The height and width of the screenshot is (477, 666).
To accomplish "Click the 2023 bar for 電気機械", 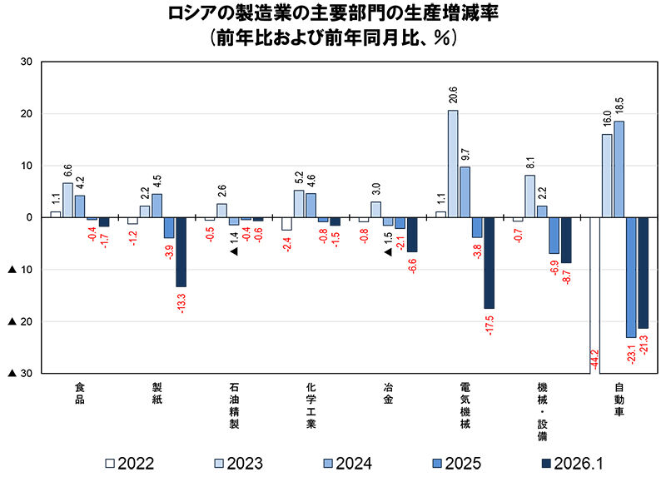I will click(453, 164).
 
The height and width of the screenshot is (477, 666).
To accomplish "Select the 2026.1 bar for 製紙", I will click(181, 252).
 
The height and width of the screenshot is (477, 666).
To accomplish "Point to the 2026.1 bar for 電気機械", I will click(489, 263).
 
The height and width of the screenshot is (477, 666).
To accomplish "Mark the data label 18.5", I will click(619, 107).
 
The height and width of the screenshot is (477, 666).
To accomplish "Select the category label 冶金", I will click(388, 393).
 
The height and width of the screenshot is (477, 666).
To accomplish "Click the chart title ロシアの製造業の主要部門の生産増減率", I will click(333, 14).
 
